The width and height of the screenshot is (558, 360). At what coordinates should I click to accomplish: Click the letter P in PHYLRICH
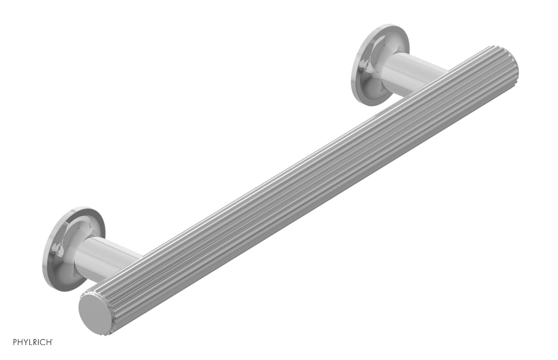click(15, 342)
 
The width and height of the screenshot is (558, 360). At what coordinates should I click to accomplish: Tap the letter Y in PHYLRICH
click(25, 342)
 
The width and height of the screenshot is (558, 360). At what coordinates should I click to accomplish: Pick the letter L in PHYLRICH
click(30, 342)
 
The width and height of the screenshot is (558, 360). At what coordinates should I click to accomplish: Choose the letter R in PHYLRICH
click(35, 342)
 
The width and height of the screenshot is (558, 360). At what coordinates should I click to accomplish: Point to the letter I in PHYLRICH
click(38, 342)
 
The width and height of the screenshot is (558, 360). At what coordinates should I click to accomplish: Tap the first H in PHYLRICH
click(20, 342)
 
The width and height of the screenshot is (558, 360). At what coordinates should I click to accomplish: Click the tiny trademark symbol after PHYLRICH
click(52, 340)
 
